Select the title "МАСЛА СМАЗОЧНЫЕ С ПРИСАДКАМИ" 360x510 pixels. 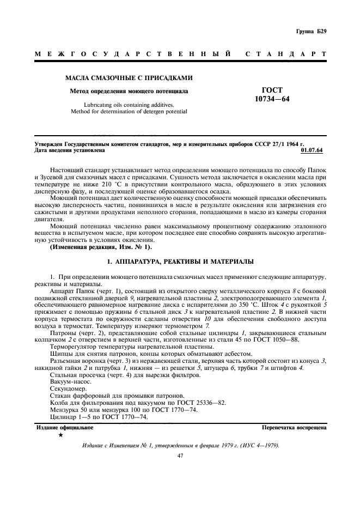pyautogui.click(x=129, y=78)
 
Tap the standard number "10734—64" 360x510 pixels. pyautogui.click(x=272, y=99)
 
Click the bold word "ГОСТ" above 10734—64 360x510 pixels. pyautogui.click(x=272, y=90)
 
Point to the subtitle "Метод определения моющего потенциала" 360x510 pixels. pyautogui.click(x=129, y=92)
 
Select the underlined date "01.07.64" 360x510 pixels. pyautogui.click(x=315, y=150)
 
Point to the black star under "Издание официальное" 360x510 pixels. pyautogui.click(x=60, y=436)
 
